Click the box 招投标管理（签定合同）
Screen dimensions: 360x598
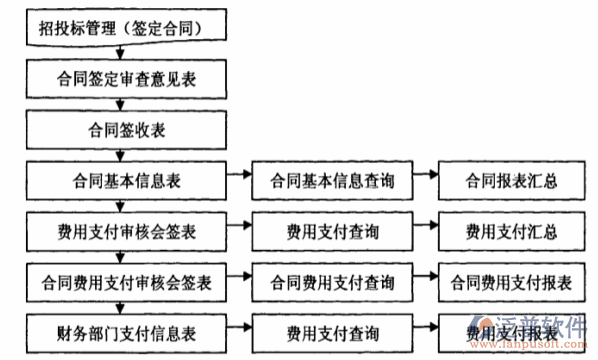pos(120,27)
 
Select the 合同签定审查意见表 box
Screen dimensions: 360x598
pos(120,78)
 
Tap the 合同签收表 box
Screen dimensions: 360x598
pos(120,128)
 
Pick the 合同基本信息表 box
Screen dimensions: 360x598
pos(120,180)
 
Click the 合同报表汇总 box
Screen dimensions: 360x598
pos(511,180)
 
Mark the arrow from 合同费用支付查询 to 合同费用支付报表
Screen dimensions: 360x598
pos(425,275)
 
